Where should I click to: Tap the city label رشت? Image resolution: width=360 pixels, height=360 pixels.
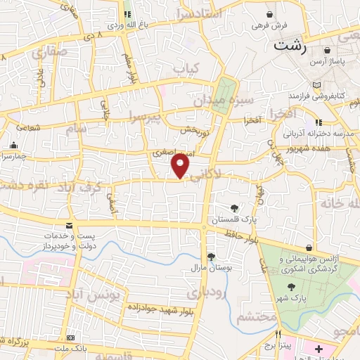[x=288, y=46]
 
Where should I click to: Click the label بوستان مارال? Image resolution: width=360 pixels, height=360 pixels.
[x=206, y=268]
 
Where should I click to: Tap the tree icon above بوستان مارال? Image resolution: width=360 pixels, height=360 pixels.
[x=210, y=257]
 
